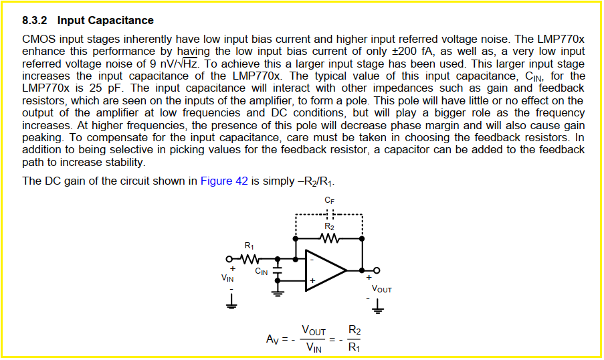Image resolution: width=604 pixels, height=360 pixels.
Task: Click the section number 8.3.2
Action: pyautogui.click(x=35, y=21)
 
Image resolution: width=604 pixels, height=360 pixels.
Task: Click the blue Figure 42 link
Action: pyautogui.click(x=224, y=181)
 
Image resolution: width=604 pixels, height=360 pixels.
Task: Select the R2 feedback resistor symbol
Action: pyautogui.click(x=329, y=238)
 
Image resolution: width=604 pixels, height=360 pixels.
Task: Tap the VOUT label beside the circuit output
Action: pyautogui.click(x=382, y=290)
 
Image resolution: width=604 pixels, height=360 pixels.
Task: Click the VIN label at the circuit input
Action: pyautogui.click(x=228, y=278)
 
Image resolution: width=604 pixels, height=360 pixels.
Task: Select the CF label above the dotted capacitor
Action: pyautogui.click(x=329, y=201)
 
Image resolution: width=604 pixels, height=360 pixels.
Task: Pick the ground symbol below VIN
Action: pyautogui.click(x=231, y=304)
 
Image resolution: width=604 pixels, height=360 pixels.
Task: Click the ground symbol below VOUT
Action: pyautogui.click(x=379, y=308)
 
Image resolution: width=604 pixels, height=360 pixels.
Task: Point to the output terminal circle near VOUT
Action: pyautogui.click(x=376, y=270)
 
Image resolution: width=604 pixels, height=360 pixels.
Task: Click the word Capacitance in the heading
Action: pyautogui.click(x=124, y=21)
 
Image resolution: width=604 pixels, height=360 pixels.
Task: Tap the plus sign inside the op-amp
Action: pyautogui.click(x=312, y=280)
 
